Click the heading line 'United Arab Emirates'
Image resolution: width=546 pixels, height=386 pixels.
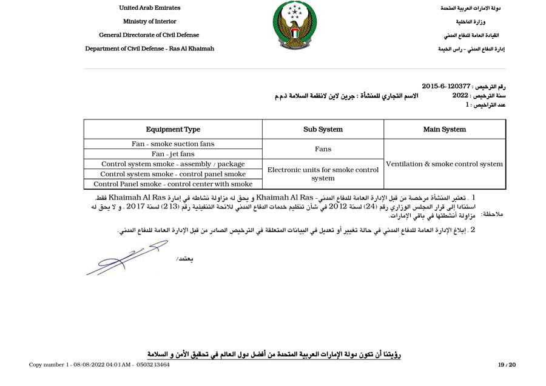point(149,8)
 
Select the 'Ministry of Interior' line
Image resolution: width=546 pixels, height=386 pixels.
point(149,21)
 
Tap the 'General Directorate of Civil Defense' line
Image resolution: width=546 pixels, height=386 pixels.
point(149,35)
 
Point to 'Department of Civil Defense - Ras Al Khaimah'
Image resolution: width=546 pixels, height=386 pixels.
point(149,48)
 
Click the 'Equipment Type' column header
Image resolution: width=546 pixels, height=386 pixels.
point(173,129)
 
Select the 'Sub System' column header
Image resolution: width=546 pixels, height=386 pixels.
point(323,129)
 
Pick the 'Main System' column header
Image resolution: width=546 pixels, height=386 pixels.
point(445,129)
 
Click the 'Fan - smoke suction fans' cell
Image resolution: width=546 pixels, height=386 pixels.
point(173,144)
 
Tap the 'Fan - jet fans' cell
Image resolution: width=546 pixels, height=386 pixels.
point(173,154)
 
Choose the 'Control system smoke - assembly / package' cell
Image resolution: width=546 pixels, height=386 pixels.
point(173,164)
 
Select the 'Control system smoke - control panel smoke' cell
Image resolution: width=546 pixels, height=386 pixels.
point(173,174)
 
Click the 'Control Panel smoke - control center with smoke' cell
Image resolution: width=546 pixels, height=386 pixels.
point(173,184)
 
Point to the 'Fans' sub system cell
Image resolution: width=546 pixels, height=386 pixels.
point(323,148)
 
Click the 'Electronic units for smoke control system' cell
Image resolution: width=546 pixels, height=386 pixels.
point(323,174)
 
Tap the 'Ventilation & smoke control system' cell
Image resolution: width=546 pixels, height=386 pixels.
point(445,164)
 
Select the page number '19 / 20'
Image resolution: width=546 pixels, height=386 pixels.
point(507,364)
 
